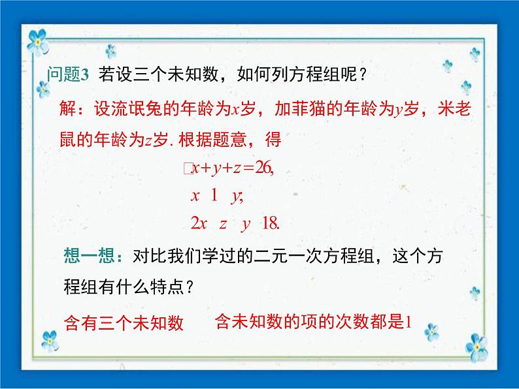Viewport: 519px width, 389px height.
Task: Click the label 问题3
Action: (67, 74)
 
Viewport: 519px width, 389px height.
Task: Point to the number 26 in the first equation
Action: (265, 168)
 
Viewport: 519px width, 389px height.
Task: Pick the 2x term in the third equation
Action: (199, 223)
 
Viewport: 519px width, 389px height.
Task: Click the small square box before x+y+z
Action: (188, 169)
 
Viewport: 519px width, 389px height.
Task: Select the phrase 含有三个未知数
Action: (124, 322)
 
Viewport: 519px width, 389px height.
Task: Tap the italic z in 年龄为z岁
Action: (149, 140)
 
